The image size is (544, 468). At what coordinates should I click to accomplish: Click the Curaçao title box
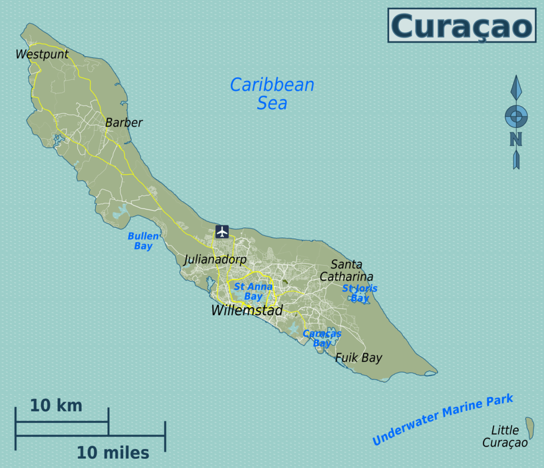point(462,26)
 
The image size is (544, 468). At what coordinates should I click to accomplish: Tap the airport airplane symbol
point(222,232)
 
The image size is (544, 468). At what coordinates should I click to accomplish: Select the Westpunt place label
point(42,54)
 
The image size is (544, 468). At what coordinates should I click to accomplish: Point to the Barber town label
point(124,122)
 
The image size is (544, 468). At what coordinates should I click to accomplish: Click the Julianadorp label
point(215,260)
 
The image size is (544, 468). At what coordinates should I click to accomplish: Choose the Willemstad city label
point(247,310)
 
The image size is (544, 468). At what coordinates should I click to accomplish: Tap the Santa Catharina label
point(346,271)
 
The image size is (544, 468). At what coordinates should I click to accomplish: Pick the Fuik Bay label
point(359,358)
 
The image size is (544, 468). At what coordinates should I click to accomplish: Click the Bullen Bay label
point(143,241)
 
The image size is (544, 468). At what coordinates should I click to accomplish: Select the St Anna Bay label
point(253,291)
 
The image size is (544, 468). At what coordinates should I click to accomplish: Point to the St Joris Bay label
point(360,293)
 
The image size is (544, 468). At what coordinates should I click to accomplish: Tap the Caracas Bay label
point(322,338)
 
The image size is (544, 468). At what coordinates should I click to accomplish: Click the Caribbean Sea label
point(272,93)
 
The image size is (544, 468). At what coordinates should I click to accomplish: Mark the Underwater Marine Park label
point(443,419)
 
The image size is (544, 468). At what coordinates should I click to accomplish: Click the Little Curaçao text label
point(505,437)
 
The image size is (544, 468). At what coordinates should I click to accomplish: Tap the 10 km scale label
point(56,405)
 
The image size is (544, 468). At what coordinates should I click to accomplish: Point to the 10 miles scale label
point(113,453)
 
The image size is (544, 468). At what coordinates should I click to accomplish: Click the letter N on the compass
point(516,140)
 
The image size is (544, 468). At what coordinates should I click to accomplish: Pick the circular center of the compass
point(516,116)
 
